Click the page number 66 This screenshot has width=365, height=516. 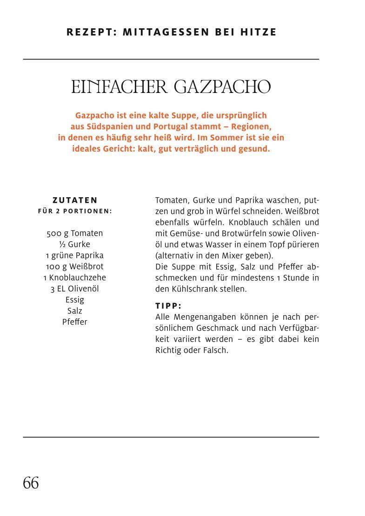[31, 483]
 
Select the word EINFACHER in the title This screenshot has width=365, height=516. [119, 87]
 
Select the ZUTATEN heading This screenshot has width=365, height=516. [75, 200]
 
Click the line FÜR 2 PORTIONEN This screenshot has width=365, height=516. [75, 211]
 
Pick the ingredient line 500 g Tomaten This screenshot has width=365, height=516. [75, 233]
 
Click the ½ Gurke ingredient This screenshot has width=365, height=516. [75, 245]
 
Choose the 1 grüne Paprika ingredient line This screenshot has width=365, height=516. [75, 256]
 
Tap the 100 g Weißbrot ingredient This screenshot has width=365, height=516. [75, 267]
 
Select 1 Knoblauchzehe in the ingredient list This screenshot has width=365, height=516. [75, 278]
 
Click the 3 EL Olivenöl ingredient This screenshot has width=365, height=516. [75, 289]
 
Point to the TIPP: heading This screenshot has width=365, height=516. [168, 306]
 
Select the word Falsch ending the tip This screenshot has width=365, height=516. [215, 351]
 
